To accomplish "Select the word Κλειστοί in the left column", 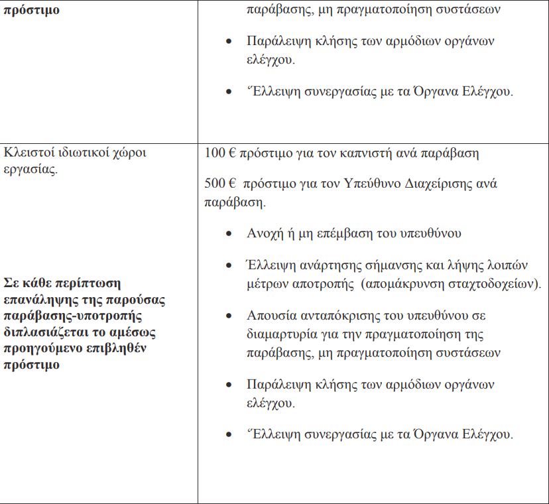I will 27,153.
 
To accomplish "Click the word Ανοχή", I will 265,233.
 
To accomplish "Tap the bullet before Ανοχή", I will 229,234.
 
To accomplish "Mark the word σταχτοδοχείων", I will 499,283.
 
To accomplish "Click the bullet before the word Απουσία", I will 229,316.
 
